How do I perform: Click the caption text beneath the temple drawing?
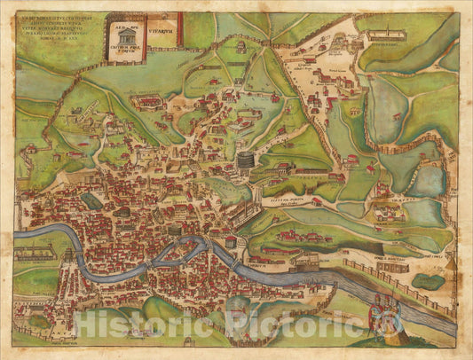122,55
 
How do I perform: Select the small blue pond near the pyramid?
428,281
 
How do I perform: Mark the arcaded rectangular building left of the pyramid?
391,266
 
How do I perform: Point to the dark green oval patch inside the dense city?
92,202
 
